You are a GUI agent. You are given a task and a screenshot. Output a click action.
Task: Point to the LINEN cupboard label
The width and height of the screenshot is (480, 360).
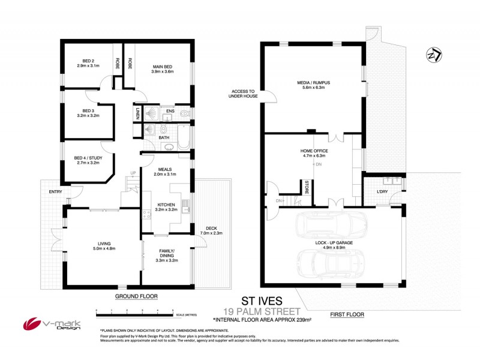137,113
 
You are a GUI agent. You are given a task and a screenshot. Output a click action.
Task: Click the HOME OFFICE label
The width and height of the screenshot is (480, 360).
314,151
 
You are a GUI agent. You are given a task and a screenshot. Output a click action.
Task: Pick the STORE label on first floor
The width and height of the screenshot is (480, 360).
307,184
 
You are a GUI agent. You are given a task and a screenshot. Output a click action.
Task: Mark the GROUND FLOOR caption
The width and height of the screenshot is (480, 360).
136,296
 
